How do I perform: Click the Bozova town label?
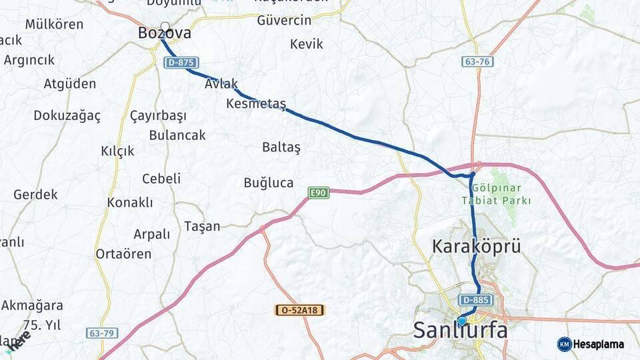coord(164,33)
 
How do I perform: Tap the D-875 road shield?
coord(180,63)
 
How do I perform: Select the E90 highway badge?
coord(319,193)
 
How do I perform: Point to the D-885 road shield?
coord(475,299)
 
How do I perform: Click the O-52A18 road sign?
coord(299,310)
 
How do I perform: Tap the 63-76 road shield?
coord(477,61)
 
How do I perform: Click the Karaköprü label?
coord(476,246)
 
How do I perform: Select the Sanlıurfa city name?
coord(460,330)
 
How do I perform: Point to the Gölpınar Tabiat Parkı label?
coord(497,194)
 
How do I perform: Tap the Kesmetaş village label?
coord(256,104)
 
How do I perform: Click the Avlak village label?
coord(221,84)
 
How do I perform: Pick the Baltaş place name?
coord(281,146)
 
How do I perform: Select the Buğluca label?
coord(269,183)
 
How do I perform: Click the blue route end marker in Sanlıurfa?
coord(461,321)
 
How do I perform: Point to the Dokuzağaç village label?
coord(67,115)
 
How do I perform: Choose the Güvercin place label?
coord(284,21)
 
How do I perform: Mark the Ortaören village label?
coord(123,254)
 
